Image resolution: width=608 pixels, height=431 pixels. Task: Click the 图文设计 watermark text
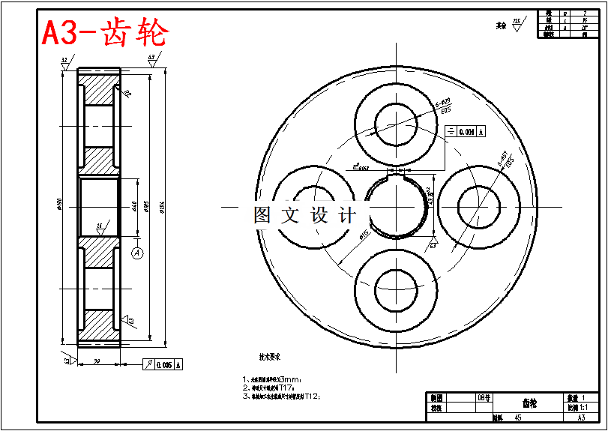point(304,216)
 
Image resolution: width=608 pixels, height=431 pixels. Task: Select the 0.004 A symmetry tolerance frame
point(465,132)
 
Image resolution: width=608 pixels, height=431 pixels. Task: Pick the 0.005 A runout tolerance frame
point(163,365)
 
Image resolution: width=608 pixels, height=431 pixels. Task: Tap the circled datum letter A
point(137,253)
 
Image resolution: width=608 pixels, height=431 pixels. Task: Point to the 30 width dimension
point(97,361)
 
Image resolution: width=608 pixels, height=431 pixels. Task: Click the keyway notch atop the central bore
point(395,172)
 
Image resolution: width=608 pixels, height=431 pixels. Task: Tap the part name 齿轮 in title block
point(529,403)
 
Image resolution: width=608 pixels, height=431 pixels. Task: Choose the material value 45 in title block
point(518,418)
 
